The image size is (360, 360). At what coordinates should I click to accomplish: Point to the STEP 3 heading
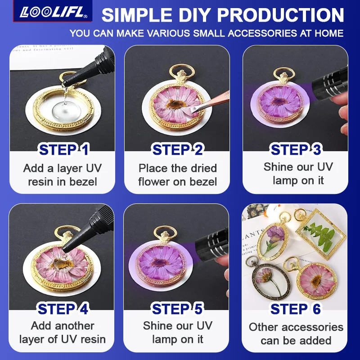pos(296,150)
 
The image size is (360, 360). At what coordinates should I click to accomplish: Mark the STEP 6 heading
pos(296,309)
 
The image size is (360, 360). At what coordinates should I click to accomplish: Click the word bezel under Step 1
pos(82,182)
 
